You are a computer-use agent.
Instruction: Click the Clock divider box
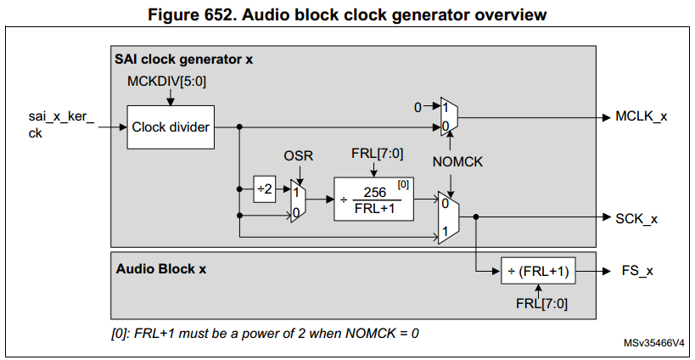[171, 127]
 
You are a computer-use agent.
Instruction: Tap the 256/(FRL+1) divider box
[374, 200]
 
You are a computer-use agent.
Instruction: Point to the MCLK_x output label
[641, 116]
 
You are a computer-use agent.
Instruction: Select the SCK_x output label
[636, 218]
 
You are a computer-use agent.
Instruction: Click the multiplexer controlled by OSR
[297, 200]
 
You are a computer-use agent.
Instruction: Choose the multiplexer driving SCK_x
[450, 218]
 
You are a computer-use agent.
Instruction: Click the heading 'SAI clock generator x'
[183, 59]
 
